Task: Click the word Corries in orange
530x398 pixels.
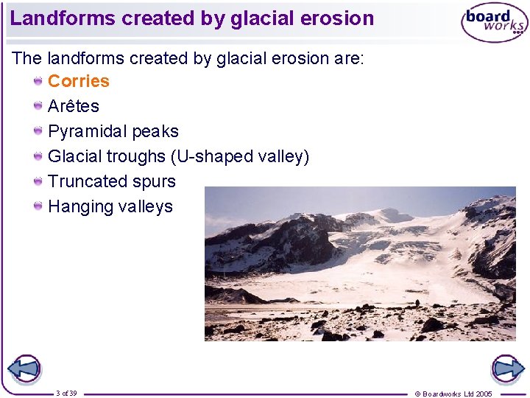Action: (78, 82)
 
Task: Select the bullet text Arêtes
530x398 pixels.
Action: (73, 107)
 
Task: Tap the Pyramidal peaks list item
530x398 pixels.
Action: (113, 132)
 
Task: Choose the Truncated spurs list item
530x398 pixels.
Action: (111, 182)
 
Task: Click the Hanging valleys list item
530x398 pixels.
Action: (110, 207)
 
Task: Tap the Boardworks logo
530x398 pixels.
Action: (494, 23)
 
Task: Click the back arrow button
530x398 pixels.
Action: (24, 369)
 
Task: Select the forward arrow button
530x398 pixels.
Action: (507, 369)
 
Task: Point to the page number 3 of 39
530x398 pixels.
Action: (66, 394)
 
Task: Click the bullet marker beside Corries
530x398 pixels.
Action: (38, 81)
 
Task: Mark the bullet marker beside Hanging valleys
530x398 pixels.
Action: (38, 206)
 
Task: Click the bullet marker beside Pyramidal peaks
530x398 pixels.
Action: (38, 131)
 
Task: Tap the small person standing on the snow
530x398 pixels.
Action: (418, 302)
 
